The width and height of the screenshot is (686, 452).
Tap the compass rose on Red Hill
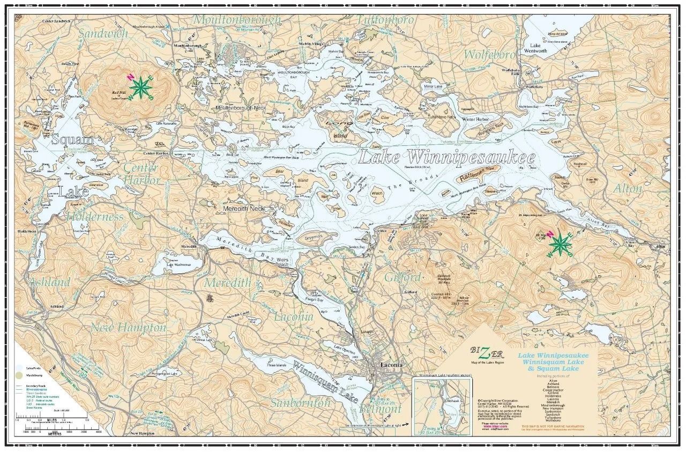(140, 87)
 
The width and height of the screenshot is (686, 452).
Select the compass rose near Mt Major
(560, 244)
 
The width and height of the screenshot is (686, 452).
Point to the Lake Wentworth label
(542, 48)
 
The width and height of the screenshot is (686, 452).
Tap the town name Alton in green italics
(627, 189)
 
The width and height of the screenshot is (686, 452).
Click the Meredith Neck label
(244, 208)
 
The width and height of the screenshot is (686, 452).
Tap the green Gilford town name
(402, 278)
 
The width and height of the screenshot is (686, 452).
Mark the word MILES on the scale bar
(52, 420)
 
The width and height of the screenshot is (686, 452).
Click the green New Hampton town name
(128, 327)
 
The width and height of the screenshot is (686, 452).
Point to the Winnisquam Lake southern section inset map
(443, 403)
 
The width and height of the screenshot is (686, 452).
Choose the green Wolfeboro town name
(489, 55)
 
